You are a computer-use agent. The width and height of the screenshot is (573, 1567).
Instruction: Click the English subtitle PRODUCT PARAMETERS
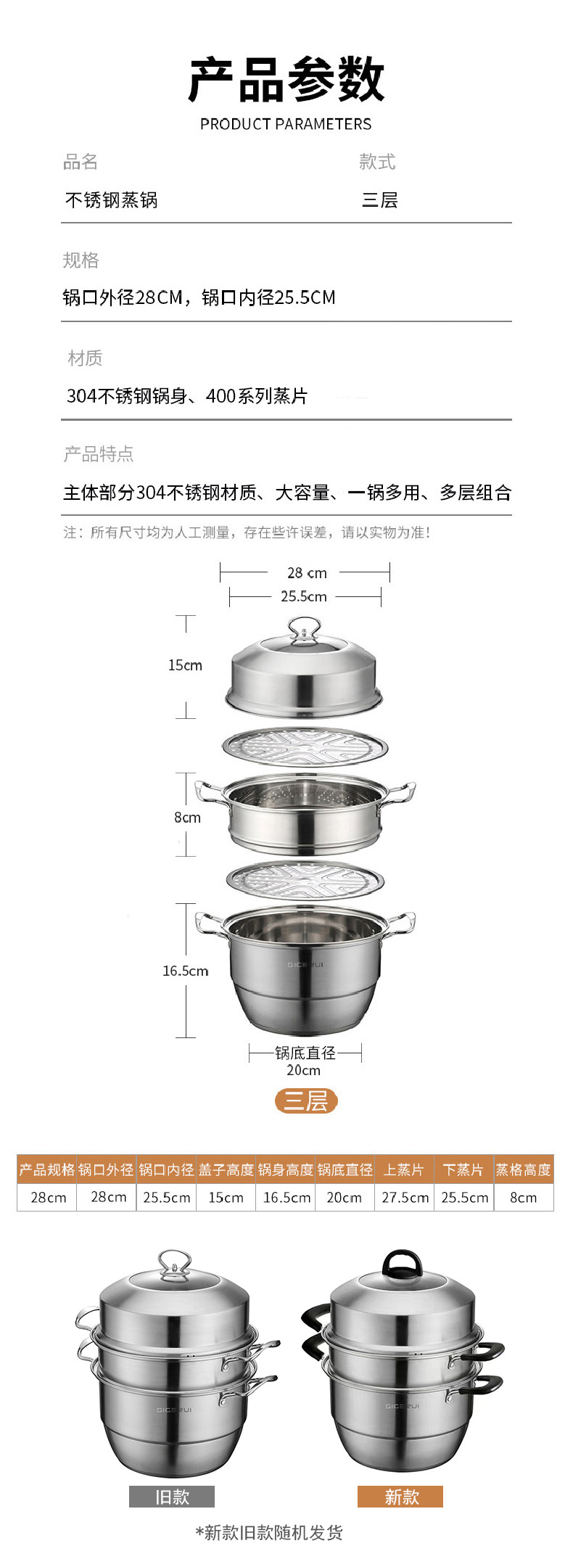click(286, 124)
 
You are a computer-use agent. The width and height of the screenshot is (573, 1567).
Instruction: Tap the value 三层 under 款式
click(380, 200)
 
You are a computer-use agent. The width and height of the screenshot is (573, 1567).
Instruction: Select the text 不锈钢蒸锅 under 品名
click(111, 200)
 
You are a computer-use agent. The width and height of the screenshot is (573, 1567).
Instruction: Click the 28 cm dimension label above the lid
click(307, 573)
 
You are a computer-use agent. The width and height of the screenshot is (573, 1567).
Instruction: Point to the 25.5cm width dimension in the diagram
click(304, 596)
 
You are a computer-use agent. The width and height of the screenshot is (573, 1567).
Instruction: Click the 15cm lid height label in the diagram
click(185, 665)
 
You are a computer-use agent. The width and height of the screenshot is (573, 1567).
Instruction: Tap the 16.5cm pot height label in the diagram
click(186, 971)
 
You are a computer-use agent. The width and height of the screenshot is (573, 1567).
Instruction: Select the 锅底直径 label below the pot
click(305, 1053)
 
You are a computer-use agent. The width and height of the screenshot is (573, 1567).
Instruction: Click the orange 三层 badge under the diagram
click(306, 1101)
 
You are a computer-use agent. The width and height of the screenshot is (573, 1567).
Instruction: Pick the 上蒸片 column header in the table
click(404, 1169)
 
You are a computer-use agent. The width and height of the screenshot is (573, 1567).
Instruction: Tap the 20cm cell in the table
click(345, 1197)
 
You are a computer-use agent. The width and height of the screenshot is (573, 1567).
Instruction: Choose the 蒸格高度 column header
click(524, 1169)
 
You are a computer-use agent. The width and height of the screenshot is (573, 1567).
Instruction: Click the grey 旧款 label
click(172, 1497)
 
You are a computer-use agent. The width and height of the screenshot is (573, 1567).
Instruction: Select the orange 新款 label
click(400, 1497)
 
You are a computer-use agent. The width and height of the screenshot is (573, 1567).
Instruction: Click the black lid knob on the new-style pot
click(403, 1263)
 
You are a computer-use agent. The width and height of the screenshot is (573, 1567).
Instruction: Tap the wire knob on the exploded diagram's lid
click(305, 629)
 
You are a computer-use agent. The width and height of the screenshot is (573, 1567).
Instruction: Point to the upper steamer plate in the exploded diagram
click(305, 747)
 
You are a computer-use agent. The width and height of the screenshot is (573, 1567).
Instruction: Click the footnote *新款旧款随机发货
click(269, 1532)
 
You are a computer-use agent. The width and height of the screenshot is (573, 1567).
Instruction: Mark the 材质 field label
click(85, 358)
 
